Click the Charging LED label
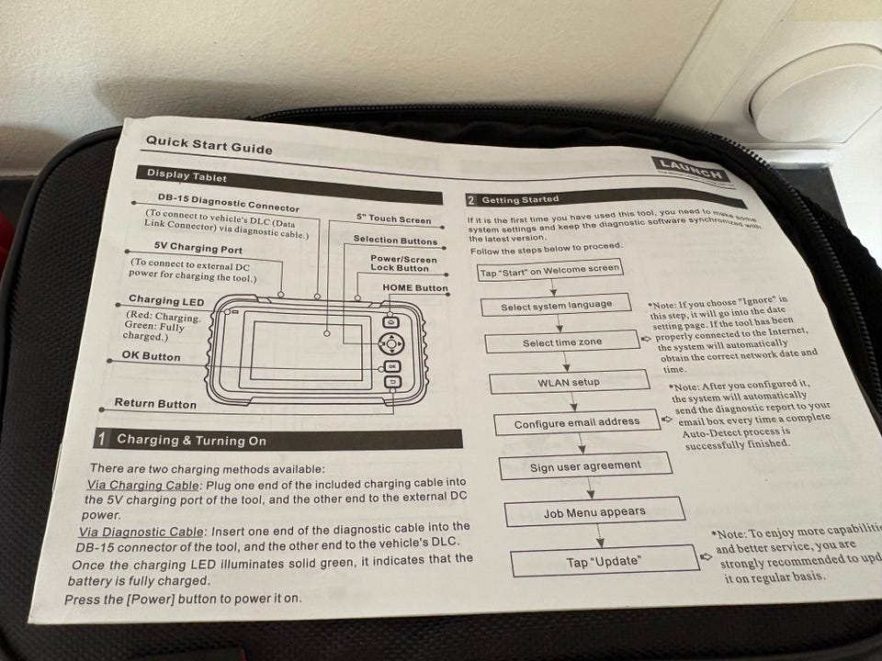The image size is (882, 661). (166, 300)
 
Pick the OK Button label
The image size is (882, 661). (151, 356)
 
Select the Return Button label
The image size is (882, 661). (155, 403)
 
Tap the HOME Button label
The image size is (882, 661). (415, 288)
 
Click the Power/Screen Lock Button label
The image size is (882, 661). (403, 263)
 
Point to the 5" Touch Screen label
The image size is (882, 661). (393, 219)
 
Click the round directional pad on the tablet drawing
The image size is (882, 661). (391, 343)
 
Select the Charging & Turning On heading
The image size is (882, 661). (191, 441)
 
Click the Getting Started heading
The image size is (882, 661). (520, 199)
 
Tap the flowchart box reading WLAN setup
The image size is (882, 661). (570, 382)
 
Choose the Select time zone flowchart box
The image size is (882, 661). (562, 343)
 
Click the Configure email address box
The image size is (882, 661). (576, 423)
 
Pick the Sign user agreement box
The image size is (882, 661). (585, 466)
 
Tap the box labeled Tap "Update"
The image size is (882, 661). (604, 561)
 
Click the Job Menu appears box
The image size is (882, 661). (594, 512)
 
